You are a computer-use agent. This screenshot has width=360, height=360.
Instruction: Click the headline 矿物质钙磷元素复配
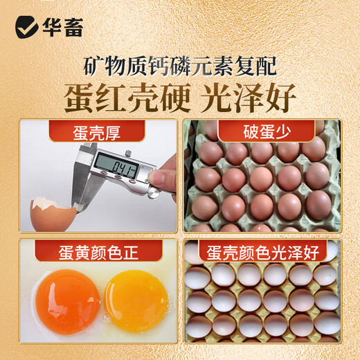(x=179, y=67)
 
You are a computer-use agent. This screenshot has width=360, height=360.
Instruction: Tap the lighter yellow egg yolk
(x=136, y=300)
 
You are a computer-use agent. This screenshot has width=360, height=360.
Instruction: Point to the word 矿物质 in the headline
(x=111, y=67)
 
